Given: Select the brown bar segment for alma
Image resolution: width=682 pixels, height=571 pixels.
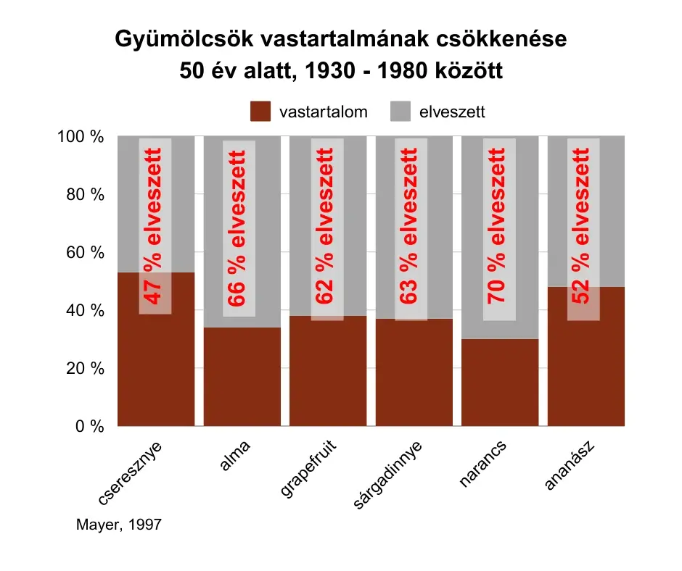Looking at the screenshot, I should point(242,377).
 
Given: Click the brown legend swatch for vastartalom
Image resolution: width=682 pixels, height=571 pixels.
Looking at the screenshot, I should point(260,112).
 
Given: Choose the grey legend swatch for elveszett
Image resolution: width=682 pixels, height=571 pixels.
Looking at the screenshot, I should point(400,112).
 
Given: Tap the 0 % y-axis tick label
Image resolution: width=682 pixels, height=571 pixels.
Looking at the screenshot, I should point(88,427).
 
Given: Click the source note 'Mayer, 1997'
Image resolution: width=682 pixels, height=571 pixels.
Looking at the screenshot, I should point(118,525).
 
